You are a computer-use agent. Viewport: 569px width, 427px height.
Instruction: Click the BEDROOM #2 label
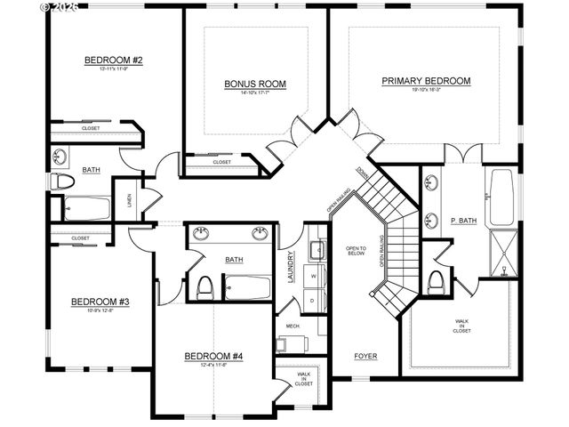(x=115, y=60)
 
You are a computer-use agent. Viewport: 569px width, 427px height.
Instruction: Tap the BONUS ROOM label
(x=254, y=85)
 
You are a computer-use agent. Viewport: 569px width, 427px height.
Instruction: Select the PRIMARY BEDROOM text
(x=426, y=81)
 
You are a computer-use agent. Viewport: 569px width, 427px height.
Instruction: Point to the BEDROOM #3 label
(x=100, y=302)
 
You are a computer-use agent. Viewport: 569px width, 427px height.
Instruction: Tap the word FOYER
(x=365, y=357)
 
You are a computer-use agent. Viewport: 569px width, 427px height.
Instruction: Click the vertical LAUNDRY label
(x=291, y=266)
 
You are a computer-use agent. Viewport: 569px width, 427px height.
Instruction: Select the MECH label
(x=293, y=326)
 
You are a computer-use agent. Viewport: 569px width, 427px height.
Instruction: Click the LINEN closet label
(x=130, y=199)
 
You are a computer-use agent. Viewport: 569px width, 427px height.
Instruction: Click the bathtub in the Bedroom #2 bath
(x=86, y=209)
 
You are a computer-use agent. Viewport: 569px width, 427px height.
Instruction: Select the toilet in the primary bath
(x=436, y=282)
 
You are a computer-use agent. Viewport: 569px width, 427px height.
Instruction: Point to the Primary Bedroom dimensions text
(x=426, y=90)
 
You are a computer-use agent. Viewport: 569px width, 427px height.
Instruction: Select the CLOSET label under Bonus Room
(x=222, y=163)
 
